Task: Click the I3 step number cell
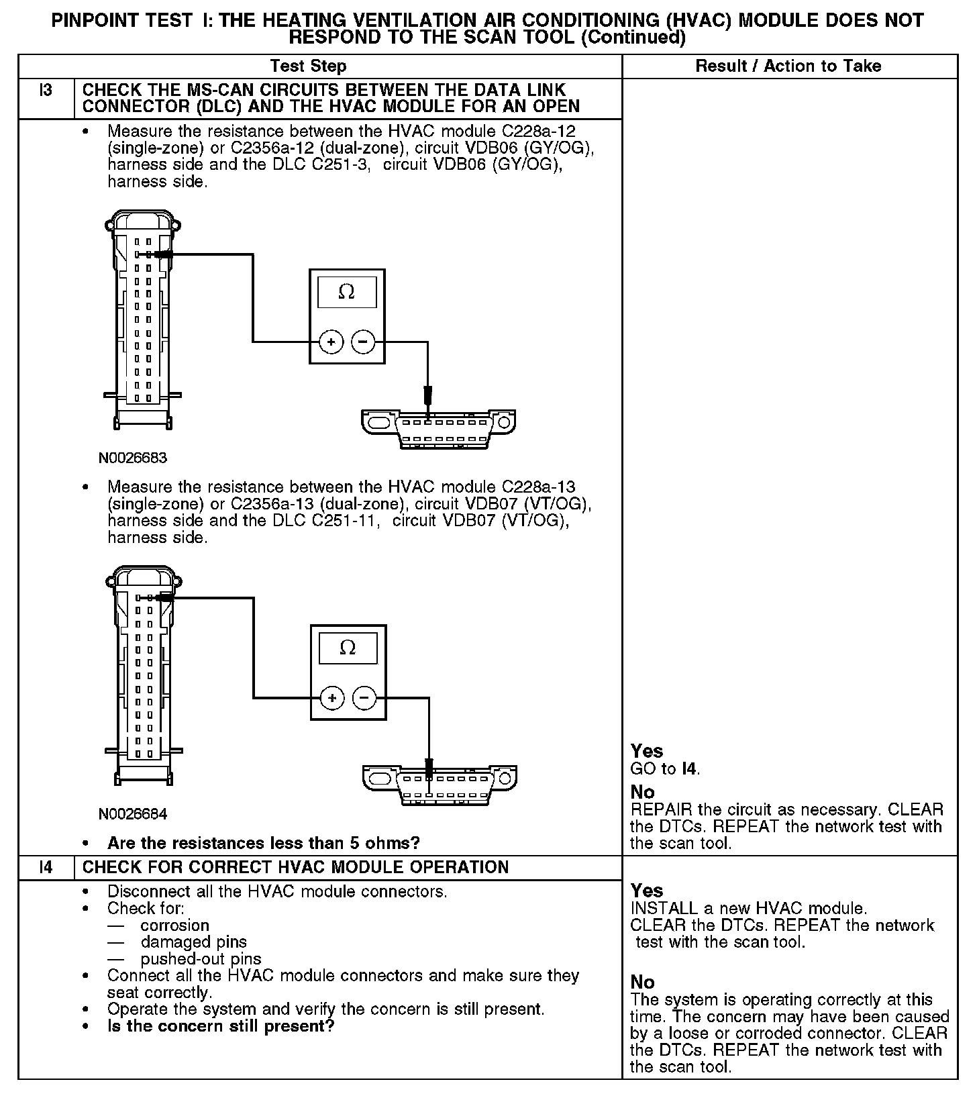point(46,91)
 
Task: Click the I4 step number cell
point(46,867)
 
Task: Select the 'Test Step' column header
point(308,66)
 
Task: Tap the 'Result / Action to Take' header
point(788,66)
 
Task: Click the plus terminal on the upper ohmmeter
point(331,342)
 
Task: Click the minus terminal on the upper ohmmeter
point(363,342)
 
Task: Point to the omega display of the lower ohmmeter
point(348,648)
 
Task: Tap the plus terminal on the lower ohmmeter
point(332,698)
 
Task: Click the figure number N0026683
point(133,458)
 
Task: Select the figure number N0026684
point(133,814)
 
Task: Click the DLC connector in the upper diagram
point(439,428)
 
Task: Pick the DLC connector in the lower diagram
point(440,784)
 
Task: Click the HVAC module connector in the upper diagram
point(142,321)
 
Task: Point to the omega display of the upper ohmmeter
point(347,292)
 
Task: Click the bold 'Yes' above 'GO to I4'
point(647,751)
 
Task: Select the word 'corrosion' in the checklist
point(174,926)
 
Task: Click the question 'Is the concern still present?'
point(220,1026)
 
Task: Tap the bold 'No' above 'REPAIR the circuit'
point(642,793)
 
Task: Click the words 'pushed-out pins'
point(201,959)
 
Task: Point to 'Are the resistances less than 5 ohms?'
point(263,843)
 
